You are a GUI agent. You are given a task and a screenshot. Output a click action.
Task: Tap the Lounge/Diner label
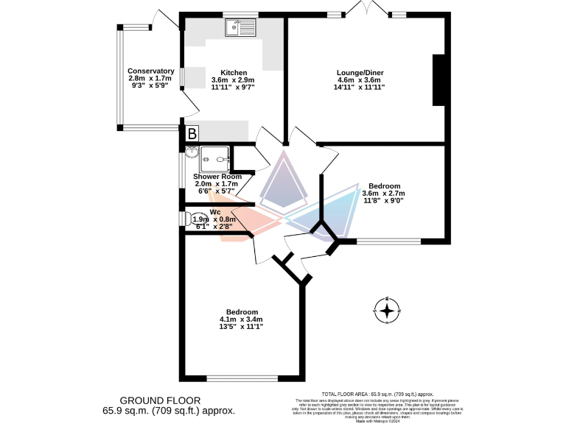(x=360, y=72)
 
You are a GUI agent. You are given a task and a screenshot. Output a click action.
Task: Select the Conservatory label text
(x=150, y=71)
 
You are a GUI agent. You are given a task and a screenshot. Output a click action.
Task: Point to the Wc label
(x=214, y=212)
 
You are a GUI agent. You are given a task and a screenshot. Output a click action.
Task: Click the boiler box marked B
(x=192, y=134)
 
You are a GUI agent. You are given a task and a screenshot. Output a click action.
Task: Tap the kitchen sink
(x=240, y=28)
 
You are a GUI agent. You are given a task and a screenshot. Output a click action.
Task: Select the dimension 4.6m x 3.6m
(x=360, y=79)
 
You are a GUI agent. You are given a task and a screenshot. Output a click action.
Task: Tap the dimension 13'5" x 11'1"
(x=241, y=326)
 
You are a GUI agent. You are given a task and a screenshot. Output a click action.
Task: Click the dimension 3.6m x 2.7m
(x=383, y=193)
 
